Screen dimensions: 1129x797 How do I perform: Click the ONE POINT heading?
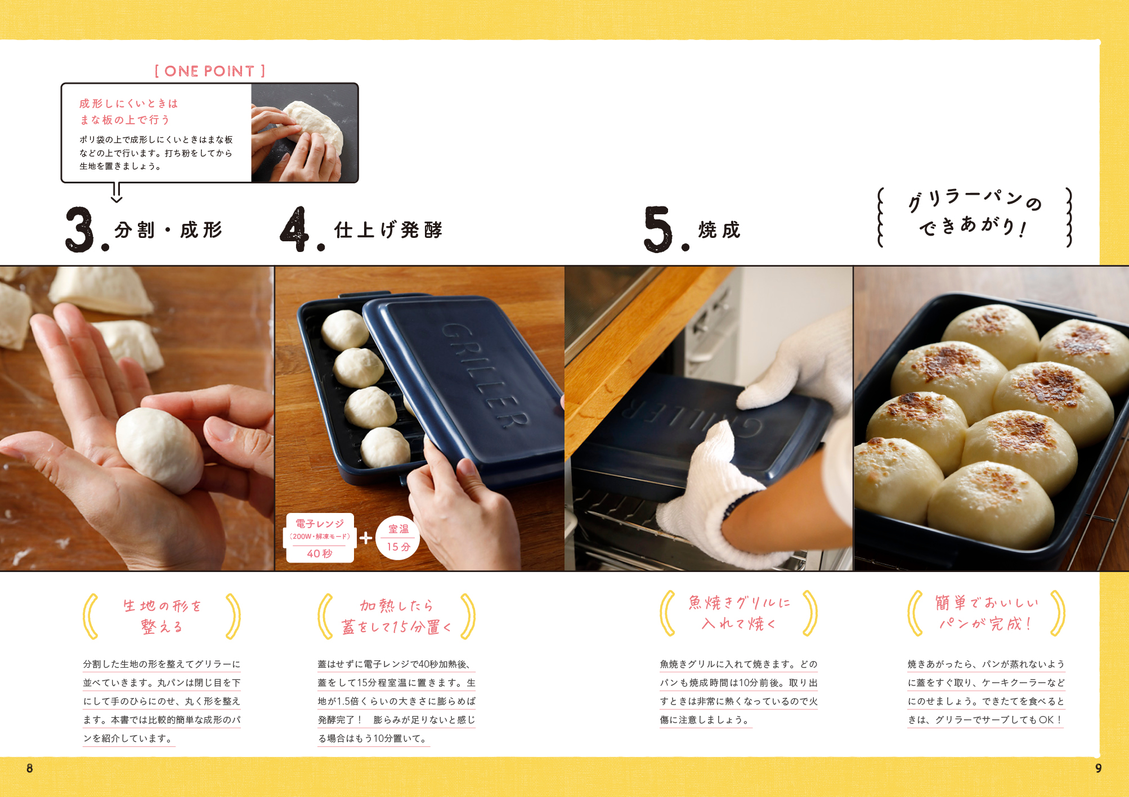click(x=209, y=71)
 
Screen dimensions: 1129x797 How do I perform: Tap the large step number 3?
click(x=80, y=229)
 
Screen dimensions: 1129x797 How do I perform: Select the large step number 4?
click(x=295, y=229)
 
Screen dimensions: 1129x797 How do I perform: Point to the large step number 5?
click(x=658, y=229)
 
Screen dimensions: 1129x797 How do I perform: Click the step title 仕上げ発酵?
click(x=388, y=229)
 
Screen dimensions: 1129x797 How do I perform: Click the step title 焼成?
click(x=719, y=229)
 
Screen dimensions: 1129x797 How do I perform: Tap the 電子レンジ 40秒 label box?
click(x=320, y=538)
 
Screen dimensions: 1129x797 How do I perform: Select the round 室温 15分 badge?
click(x=398, y=538)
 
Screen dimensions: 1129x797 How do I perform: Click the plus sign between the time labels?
click(x=366, y=538)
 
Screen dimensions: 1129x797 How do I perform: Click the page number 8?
click(x=30, y=768)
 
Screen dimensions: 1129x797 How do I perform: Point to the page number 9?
click(x=1098, y=768)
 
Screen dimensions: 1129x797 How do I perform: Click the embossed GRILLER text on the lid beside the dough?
click(x=485, y=375)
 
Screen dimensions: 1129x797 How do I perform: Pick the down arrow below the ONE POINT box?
click(x=117, y=192)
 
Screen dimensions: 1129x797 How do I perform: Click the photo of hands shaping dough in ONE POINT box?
click(x=304, y=133)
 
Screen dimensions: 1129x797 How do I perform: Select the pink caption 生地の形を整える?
click(x=162, y=616)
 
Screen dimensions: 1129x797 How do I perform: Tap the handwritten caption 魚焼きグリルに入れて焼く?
click(x=739, y=613)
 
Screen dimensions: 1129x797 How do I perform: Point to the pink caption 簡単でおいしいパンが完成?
click(x=986, y=613)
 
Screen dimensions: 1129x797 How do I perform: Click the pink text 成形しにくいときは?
click(x=128, y=103)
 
